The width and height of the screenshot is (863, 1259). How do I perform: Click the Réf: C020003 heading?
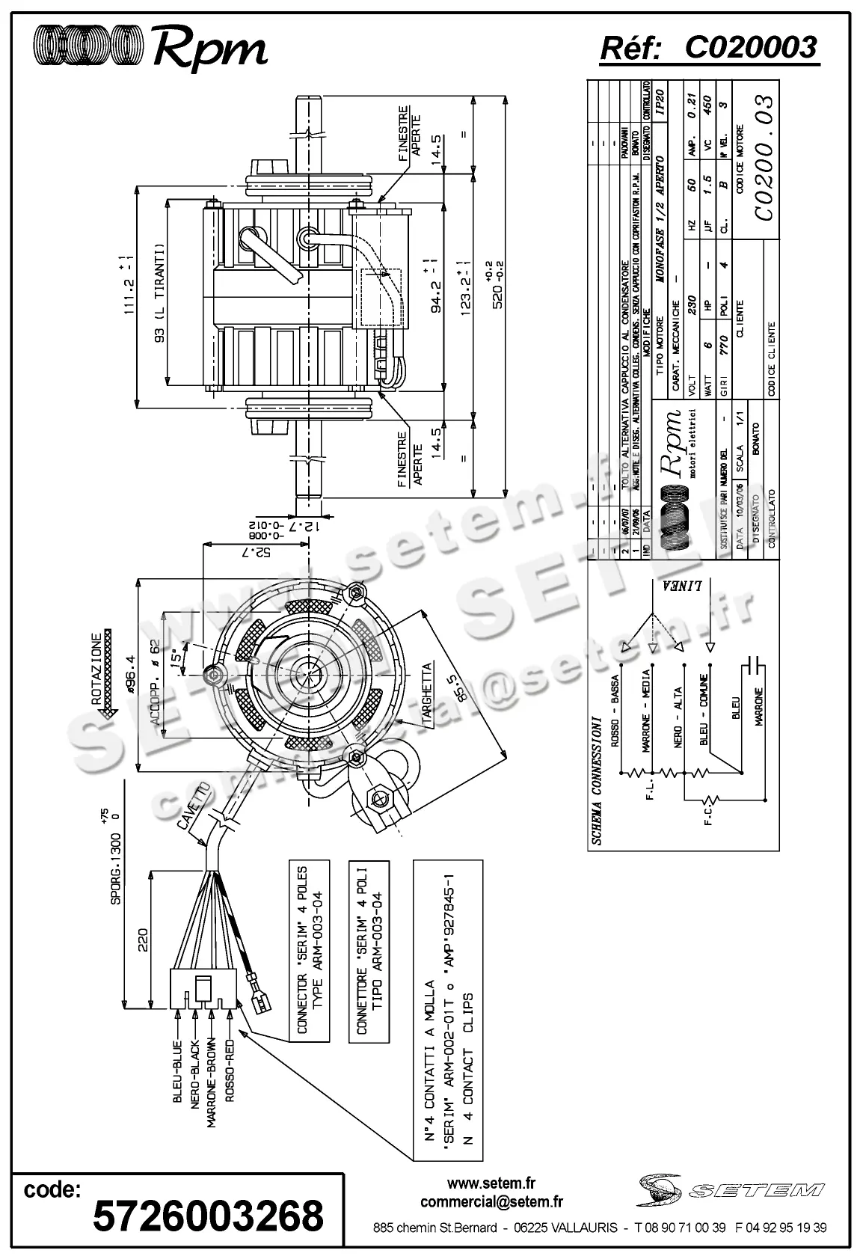pos(709,48)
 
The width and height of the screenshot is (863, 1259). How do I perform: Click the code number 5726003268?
pos(208,1216)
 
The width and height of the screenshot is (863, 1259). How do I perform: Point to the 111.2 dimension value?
pos(125,284)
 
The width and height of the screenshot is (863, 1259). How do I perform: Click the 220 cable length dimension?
pos(143,938)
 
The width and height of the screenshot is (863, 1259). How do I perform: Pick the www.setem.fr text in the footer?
pos(491,1184)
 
